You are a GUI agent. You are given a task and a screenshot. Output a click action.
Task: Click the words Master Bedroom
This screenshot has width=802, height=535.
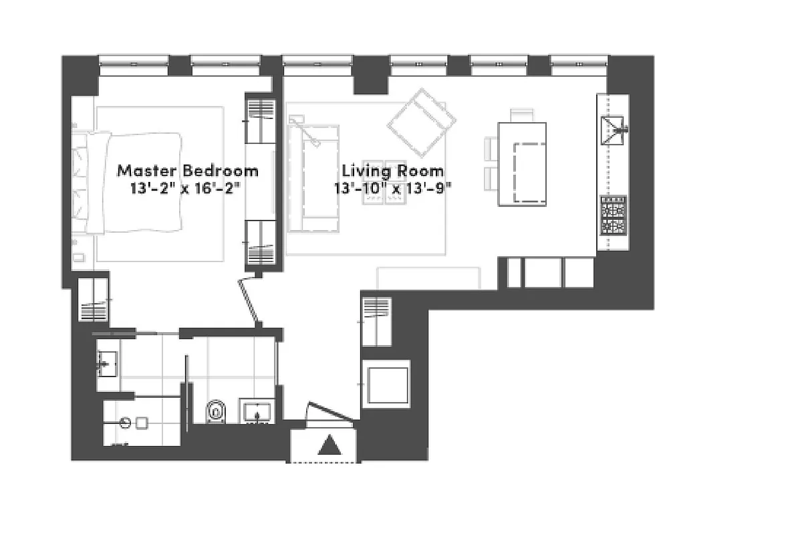(x=187, y=171)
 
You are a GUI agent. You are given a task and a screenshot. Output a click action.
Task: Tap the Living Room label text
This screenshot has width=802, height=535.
(x=392, y=171)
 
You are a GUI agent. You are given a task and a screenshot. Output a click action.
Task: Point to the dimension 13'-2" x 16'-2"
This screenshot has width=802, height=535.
(x=187, y=188)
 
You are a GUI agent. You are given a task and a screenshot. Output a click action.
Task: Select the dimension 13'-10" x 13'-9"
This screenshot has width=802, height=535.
(x=393, y=188)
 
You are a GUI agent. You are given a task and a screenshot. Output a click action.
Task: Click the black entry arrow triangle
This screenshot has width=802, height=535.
(x=329, y=445)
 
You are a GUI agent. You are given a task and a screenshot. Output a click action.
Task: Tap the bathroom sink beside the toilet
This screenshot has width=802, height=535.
(x=257, y=412)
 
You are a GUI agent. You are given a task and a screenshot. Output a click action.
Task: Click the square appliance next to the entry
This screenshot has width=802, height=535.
(x=386, y=385)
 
